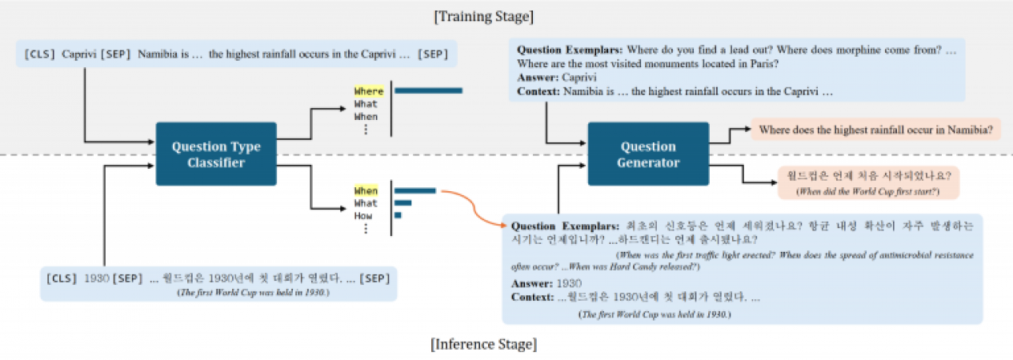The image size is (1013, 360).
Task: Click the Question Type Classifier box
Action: point(215,154)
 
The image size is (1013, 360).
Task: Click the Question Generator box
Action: point(647,154)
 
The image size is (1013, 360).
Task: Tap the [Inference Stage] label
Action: point(483,345)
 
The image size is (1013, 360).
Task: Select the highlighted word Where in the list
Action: point(369,92)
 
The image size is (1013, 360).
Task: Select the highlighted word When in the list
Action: point(366,191)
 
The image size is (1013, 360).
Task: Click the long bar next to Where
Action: point(428,90)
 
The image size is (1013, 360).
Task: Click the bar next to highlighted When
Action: point(414,191)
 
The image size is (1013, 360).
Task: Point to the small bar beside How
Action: point(398,215)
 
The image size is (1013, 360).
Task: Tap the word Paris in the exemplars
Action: point(765,64)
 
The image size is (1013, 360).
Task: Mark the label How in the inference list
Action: point(364,216)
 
